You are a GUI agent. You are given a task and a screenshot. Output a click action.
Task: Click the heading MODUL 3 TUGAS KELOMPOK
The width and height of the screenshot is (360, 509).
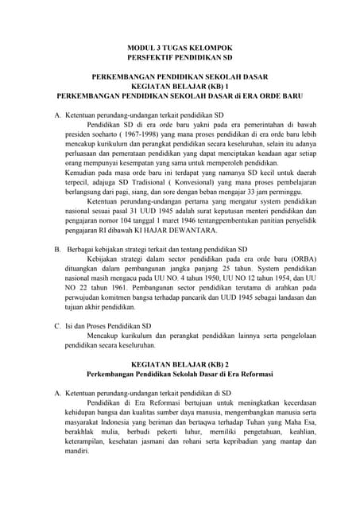[x=180, y=48]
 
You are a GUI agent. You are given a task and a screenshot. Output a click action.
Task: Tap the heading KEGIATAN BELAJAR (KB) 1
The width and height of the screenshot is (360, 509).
[x=180, y=85]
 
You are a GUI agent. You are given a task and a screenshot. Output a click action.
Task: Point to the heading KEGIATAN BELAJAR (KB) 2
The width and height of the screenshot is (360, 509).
[x=180, y=362]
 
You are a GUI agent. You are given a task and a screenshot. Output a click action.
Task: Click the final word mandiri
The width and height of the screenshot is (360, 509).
[x=78, y=449]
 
